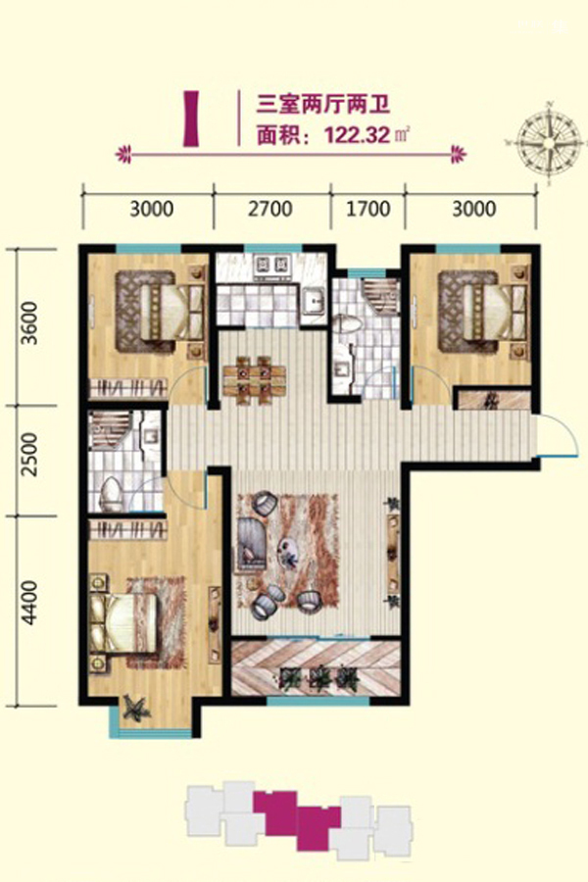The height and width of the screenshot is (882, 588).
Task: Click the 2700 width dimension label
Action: (270, 209)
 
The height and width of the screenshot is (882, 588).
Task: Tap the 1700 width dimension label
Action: (367, 209)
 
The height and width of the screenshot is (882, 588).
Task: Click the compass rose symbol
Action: (549, 142)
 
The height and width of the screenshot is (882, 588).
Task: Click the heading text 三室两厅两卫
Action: (323, 105)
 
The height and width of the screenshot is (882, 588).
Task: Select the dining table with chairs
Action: (255, 379)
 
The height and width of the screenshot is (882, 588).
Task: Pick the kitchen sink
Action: (313, 301)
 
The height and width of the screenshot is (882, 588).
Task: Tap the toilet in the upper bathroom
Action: (344, 326)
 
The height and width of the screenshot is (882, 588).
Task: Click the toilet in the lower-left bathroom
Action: (111, 493)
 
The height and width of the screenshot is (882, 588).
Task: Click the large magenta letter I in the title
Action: (191, 119)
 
